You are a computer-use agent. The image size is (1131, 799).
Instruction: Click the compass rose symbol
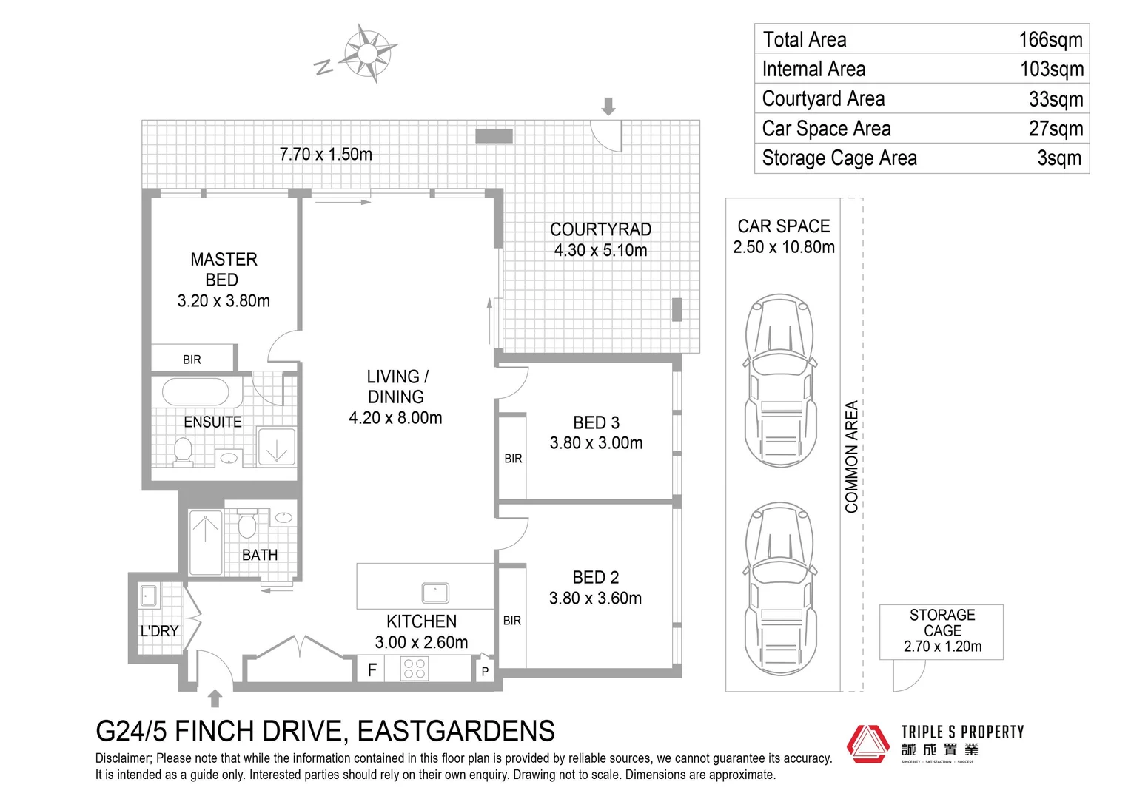coord(368,53)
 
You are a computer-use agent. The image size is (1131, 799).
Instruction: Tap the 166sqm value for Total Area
coord(1051,39)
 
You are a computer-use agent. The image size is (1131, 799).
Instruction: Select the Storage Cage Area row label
coord(839,158)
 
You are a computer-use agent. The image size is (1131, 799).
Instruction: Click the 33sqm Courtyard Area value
coord(1056,99)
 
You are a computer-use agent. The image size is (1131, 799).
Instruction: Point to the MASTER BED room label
coord(224,269)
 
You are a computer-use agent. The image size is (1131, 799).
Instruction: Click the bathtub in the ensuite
coord(195,391)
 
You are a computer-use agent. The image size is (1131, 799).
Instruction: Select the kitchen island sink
coord(435,593)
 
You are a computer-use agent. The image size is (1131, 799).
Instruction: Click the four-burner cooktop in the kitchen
coord(415,668)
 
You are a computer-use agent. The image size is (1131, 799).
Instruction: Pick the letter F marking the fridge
coord(372,670)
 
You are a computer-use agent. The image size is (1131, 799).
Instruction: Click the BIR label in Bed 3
coord(513,458)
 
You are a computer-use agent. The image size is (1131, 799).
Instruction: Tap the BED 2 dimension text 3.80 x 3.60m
coord(595,598)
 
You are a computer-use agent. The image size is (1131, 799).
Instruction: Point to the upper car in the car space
coord(780,380)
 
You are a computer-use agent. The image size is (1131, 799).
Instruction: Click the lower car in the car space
coord(780,589)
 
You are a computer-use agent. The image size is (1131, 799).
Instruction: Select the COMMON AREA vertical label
coord(852,456)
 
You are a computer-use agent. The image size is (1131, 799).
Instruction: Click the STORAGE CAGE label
coord(942,623)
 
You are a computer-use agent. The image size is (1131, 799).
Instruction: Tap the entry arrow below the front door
coord(215,698)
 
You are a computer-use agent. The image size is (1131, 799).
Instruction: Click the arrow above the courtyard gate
coord(608,107)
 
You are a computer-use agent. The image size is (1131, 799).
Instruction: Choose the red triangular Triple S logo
coord(868,744)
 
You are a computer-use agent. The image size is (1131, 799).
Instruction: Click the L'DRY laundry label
coord(160,631)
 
